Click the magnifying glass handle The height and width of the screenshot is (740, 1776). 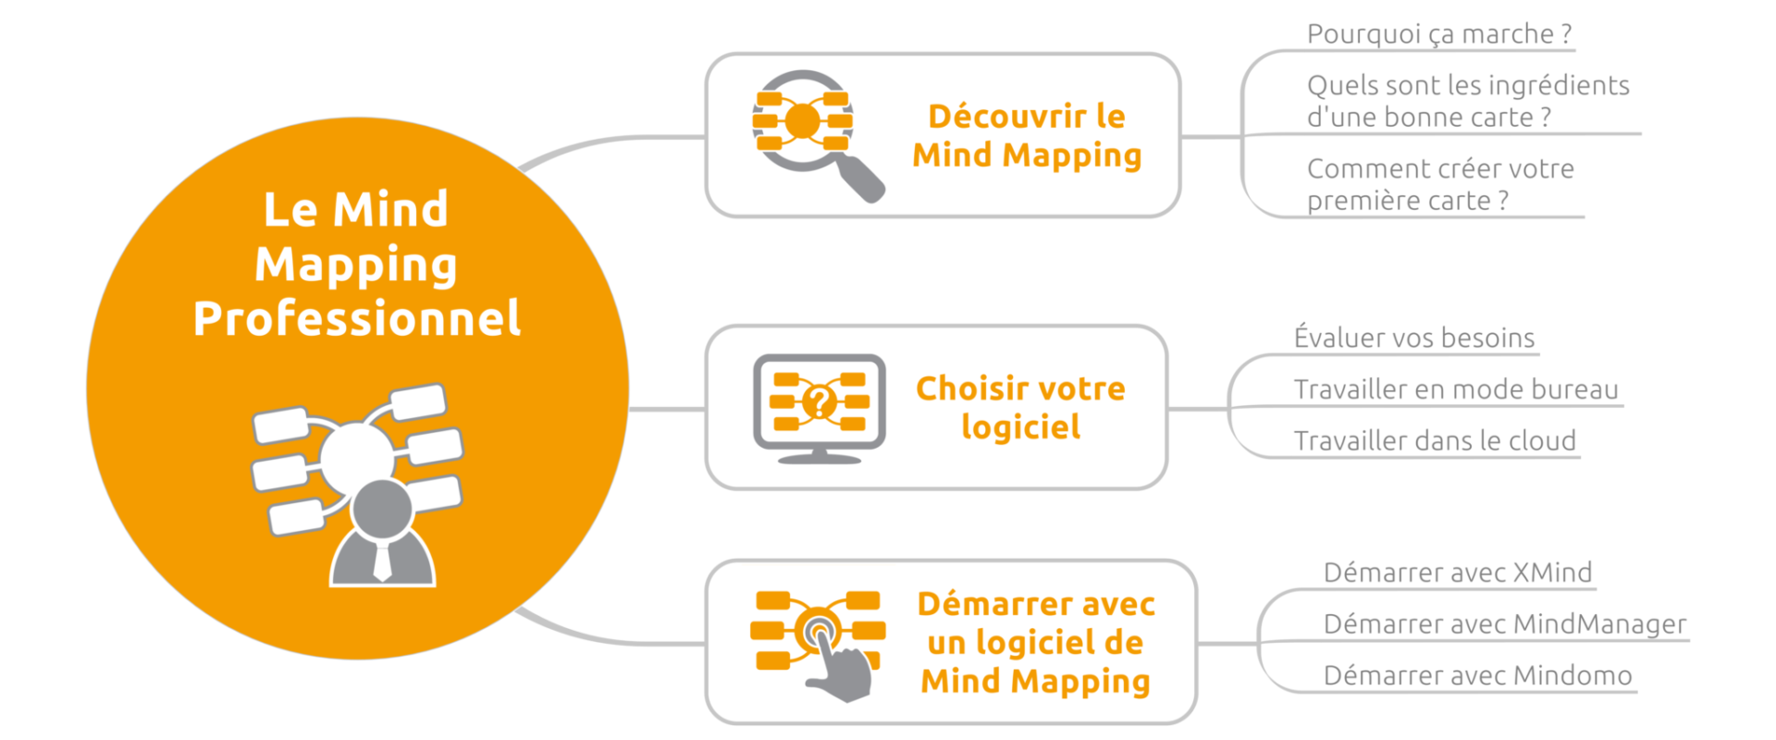tap(861, 179)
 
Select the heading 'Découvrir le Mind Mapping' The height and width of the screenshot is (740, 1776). tap(1027, 135)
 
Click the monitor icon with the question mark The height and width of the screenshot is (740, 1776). tap(819, 408)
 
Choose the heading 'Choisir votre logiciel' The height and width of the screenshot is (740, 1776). tap(1020, 407)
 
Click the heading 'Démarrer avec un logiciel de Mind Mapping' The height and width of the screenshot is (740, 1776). tap(1035, 642)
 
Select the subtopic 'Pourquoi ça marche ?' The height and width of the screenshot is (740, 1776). tap(1438, 34)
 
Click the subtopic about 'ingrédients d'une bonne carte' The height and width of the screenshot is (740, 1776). tap(1467, 101)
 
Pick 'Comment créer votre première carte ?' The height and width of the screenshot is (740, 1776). tap(1439, 184)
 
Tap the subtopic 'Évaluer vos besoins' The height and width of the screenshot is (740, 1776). tap(1413, 338)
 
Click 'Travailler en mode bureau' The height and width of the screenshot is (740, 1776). tap(1455, 389)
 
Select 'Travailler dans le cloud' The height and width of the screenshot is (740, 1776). tap(1434, 441)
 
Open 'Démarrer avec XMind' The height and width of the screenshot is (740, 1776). tap(1457, 573)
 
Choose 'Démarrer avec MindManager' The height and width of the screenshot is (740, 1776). tap(1504, 624)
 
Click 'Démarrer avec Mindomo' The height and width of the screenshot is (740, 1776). tap(1477, 676)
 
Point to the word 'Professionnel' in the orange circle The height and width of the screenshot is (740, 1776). tap(356, 318)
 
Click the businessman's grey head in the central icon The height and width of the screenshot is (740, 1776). tap(382, 510)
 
